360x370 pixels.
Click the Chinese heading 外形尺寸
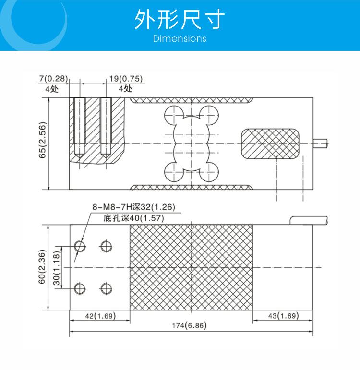(x=180, y=19)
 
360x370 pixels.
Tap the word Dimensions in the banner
(x=180, y=38)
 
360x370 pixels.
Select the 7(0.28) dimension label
(x=54, y=79)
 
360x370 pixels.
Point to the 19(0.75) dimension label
(x=126, y=79)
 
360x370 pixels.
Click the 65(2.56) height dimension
(x=42, y=140)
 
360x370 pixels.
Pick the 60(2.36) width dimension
(x=42, y=267)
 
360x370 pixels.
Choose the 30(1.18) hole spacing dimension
(x=57, y=268)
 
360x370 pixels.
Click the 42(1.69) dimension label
(x=100, y=316)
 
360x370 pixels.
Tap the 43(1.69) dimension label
(x=284, y=316)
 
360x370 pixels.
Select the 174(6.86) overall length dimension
(x=189, y=325)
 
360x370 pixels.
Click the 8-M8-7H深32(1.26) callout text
(x=134, y=207)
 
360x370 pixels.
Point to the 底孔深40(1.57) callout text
(x=133, y=218)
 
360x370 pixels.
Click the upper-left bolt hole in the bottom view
(x=80, y=246)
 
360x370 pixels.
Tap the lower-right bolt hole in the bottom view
(x=106, y=288)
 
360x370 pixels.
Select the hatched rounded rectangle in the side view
(x=270, y=143)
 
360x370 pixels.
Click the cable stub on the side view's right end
(x=320, y=143)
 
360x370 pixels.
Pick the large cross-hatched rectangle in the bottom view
(x=191, y=267)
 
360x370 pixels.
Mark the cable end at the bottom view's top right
(x=309, y=220)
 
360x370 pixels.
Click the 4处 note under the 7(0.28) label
(x=52, y=89)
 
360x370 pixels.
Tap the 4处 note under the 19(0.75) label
(x=125, y=89)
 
